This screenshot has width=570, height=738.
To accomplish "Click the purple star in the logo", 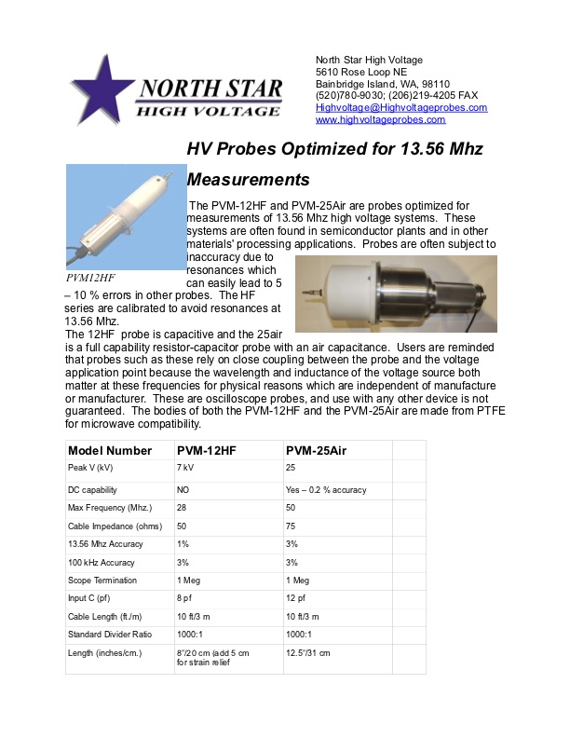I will tap(102, 89).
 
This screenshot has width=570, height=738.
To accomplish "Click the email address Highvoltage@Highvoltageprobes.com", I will tap(401, 107).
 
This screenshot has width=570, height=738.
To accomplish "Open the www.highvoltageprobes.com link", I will tap(380, 119).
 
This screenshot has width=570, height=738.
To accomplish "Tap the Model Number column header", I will tap(110, 450).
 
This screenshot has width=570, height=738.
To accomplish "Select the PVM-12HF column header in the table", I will tap(207, 450).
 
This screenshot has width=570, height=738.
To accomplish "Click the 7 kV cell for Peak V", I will tap(185, 468).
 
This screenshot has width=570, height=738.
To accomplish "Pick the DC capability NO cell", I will tap(184, 490).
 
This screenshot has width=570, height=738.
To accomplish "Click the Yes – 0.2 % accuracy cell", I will tap(326, 490).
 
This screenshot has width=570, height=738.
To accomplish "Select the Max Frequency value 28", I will tap(182, 508).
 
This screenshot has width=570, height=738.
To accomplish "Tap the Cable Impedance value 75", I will tap(291, 526).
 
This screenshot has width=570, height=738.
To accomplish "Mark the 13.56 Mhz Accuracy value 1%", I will tap(183, 544).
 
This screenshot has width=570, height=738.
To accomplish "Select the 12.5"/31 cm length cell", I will tap(307, 653).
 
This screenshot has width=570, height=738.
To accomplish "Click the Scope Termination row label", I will tap(102, 581).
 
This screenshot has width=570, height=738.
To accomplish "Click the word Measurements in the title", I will tap(248, 179).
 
